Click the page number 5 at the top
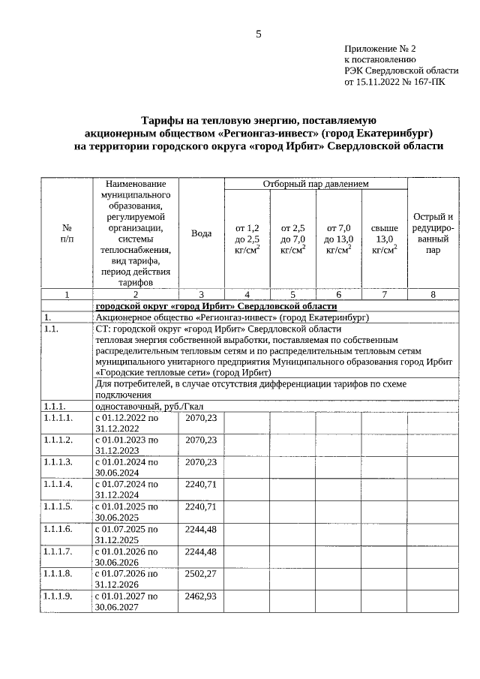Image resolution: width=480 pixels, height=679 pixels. pyautogui.click(x=259, y=34)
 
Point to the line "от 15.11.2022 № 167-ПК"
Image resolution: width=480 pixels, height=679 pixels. pyautogui.click(x=394, y=83)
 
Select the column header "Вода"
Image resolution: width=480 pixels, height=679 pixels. pyautogui.click(x=201, y=233)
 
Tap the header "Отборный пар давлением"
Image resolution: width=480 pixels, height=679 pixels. pyautogui.click(x=315, y=184)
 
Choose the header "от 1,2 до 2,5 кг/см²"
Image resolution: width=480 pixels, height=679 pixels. pyautogui.click(x=247, y=239)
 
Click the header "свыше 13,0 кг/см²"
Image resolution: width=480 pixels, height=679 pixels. pyautogui.click(x=384, y=239)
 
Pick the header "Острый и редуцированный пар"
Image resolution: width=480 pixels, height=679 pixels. pyautogui.click(x=433, y=233)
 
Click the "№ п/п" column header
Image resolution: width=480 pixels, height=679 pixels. pyautogui.click(x=66, y=233)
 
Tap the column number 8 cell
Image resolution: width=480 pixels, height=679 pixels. pyautogui.click(x=433, y=295)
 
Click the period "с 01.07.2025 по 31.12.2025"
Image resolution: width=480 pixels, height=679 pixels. pyautogui.click(x=126, y=534)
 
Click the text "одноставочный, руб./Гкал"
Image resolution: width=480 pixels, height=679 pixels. pyautogui.click(x=147, y=406)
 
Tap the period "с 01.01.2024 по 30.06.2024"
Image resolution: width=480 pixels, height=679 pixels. pyautogui.click(x=126, y=467)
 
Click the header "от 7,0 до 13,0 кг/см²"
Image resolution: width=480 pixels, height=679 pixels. pyautogui.click(x=338, y=239)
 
